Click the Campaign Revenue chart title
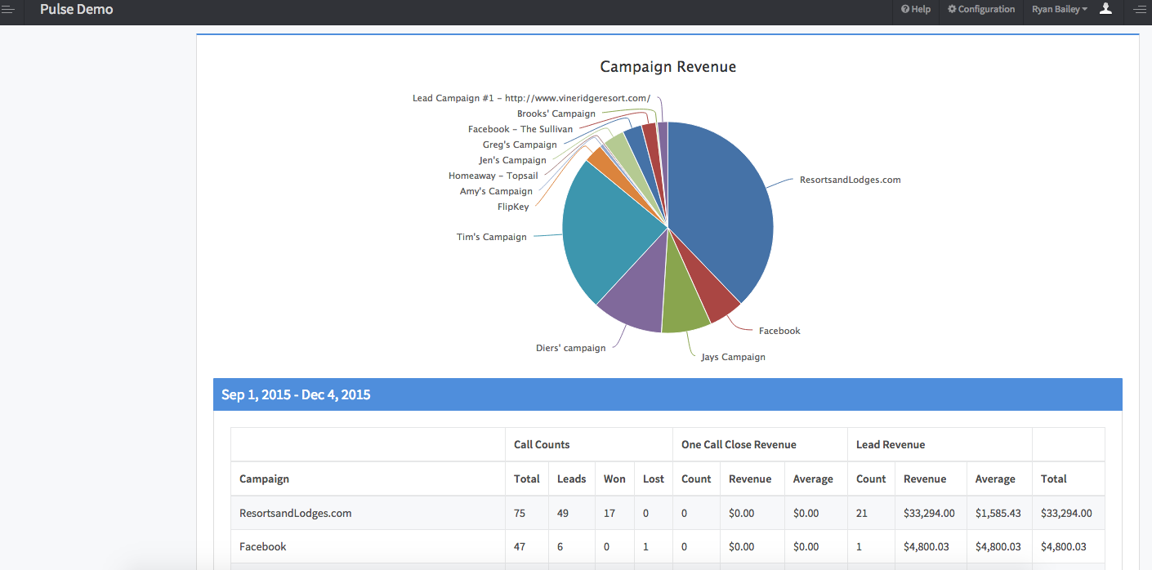pyautogui.click(x=668, y=67)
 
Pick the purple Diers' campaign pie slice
pyautogui.click(x=634, y=302)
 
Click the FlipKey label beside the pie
pyautogui.click(x=513, y=207)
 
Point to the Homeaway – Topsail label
pyautogui.click(x=493, y=176)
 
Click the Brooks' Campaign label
pyautogui.click(x=556, y=114)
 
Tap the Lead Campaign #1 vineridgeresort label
pyautogui.click(x=531, y=98)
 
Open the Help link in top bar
pyautogui.click(x=916, y=10)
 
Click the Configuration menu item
pyautogui.click(x=981, y=10)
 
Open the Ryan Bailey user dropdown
pyautogui.click(x=1060, y=10)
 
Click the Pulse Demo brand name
pyautogui.click(x=76, y=10)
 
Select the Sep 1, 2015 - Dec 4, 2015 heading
pyautogui.click(x=296, y=395)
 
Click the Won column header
pyautogui.click(x=614, y=479)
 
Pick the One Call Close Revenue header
pyautogui.click(x=739, y=445)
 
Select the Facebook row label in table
pyautogui.click(x=263, y=547)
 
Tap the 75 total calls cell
pyautogui.click(x=520, y=514)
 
